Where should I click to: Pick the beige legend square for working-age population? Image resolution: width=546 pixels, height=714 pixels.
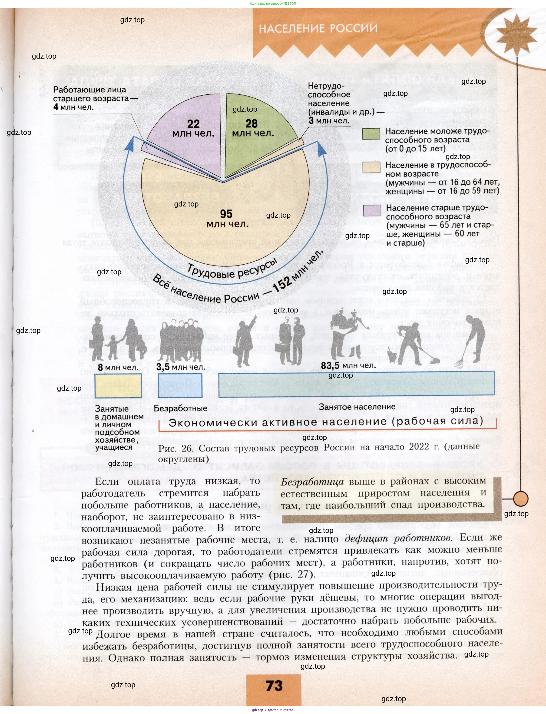371,167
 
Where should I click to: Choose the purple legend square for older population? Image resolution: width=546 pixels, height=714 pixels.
372,210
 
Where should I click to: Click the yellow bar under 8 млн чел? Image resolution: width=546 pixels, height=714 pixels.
118,385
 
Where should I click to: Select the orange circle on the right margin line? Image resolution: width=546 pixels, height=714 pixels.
521,498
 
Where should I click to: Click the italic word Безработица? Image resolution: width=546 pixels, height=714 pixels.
312,482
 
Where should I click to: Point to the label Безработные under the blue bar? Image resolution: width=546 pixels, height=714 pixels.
180,408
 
